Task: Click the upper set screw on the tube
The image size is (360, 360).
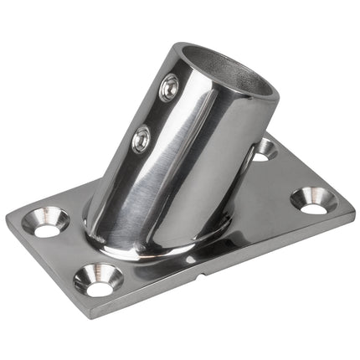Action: coord(169,86)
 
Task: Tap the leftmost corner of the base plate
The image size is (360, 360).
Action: coord(8,219)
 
